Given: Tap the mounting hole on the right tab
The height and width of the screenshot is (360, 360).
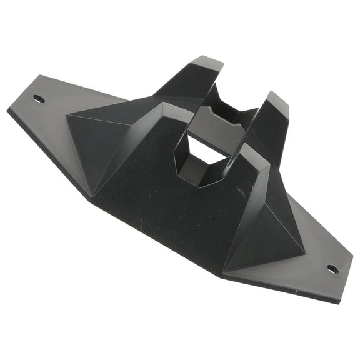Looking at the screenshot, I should tap(332, 269).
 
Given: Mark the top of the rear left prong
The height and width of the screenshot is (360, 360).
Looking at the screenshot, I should tap(206, 62).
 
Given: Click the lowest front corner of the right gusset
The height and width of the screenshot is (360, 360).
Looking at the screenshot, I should tap(224, 269).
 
